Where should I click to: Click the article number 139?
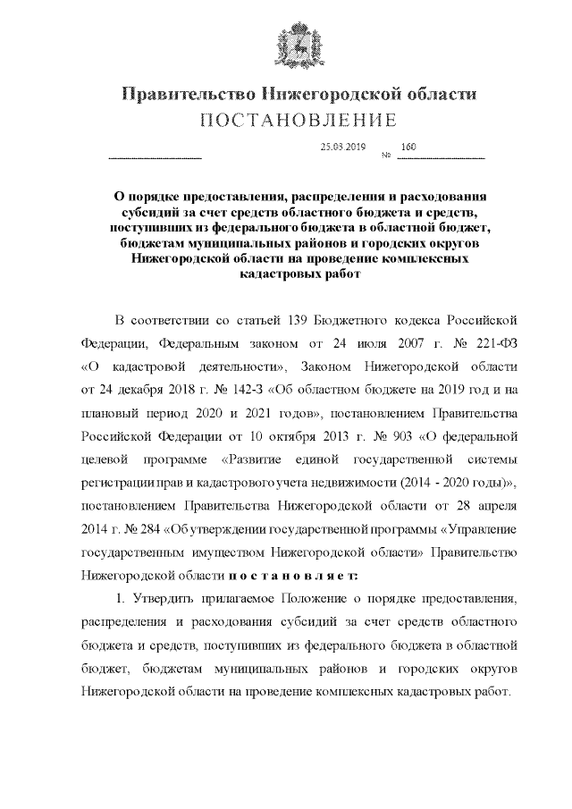point(299,320)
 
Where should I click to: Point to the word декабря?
point(131,390)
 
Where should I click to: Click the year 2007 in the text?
point(392,343)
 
